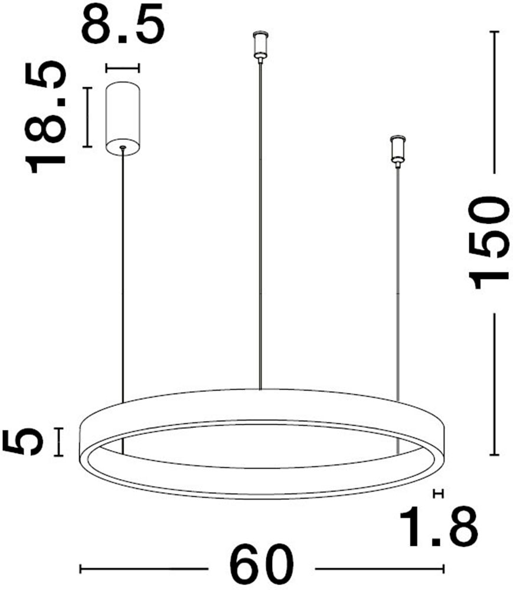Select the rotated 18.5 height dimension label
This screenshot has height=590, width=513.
(x=44, y=117)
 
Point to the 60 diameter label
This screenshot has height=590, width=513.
(x=262, y=568)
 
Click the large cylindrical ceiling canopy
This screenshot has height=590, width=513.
(x=123, y=117)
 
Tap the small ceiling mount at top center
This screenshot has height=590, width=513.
(x=258, y=45)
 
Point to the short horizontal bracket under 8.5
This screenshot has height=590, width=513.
(x=123, y=68)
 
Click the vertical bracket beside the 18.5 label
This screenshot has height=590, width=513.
(x=87, y=117)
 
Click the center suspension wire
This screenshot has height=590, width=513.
(x=260, y=224)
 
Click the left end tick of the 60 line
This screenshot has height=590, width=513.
(x=80, y=570)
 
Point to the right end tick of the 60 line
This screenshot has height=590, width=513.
(x=444, y=570)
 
